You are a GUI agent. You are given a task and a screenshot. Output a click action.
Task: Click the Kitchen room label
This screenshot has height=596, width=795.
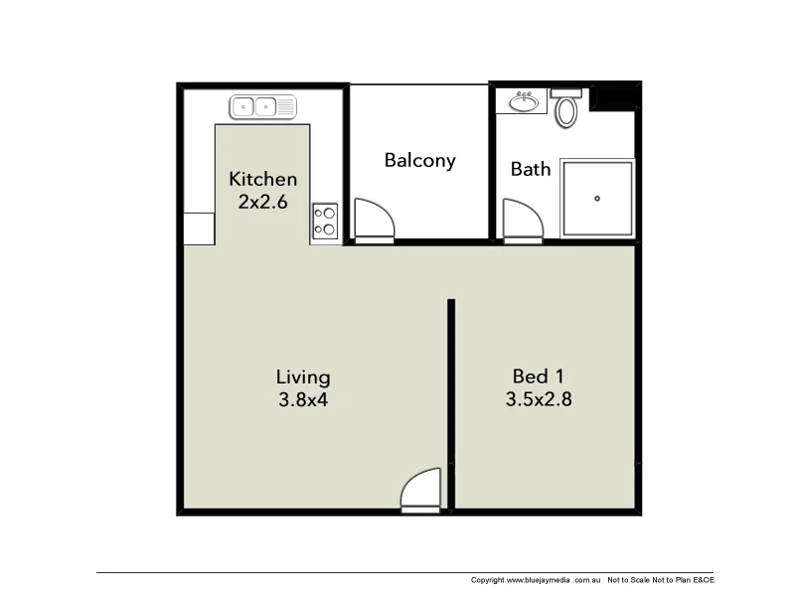coord(263,180)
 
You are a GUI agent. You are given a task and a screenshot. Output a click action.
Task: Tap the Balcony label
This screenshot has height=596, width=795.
coord(420,160)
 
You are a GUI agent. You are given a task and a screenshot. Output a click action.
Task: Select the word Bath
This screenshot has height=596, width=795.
coord(531,169)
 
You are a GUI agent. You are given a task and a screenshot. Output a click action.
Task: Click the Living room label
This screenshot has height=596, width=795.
coord(303,377)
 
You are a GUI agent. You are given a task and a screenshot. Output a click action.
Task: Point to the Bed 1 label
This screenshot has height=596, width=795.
coord(538,376)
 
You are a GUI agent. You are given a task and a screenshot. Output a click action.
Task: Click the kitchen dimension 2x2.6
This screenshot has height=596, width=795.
coord(263,202)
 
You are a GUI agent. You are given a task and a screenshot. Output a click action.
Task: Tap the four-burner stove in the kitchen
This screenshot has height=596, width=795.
coord(325,221)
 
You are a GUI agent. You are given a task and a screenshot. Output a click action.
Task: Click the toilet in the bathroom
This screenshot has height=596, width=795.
coord(567,108)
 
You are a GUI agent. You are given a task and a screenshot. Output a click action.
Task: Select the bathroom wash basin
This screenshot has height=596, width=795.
coord(523,101)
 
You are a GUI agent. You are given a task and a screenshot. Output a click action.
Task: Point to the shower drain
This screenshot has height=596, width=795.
coord(597,198)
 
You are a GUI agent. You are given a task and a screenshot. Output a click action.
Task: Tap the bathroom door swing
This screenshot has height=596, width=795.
coord(522,219)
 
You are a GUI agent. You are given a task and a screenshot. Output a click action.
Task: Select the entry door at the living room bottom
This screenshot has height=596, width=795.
coord(420,490)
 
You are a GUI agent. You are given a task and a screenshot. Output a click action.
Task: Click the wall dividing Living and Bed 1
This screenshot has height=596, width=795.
coord(450,397)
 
